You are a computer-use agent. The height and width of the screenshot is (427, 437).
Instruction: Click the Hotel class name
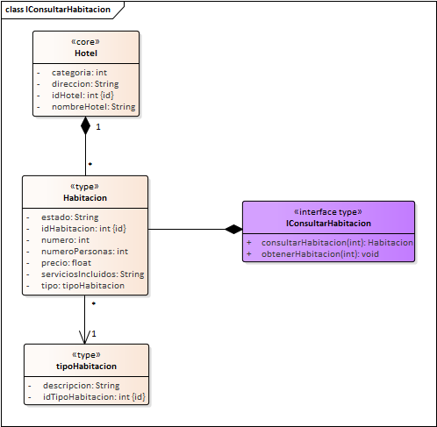tap(86, 53)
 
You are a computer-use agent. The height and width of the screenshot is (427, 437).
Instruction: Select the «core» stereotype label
tap(86, 41)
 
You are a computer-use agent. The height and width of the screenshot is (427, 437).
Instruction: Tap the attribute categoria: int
tap(77, 73)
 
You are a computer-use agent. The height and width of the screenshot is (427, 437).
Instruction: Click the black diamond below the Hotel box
tap(86, 125)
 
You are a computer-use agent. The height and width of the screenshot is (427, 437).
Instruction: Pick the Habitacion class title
tap(84, 197)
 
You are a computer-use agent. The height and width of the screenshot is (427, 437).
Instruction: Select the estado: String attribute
tap(69, 217)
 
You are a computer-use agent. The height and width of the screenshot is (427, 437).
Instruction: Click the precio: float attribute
tap(67, 262)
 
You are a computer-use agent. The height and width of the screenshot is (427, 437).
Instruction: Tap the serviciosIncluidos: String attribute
tap(92, 274)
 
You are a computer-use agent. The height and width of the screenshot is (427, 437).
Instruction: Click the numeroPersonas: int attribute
tap(84, 251)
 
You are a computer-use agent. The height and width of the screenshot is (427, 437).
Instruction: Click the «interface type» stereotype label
tap(328, 211)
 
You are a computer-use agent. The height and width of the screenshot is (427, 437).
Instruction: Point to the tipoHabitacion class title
tap(86, 366)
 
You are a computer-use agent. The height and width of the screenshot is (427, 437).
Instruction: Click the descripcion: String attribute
tap(81, 386)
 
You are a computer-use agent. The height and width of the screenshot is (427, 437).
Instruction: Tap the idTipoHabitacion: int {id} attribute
tap(94, 397)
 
